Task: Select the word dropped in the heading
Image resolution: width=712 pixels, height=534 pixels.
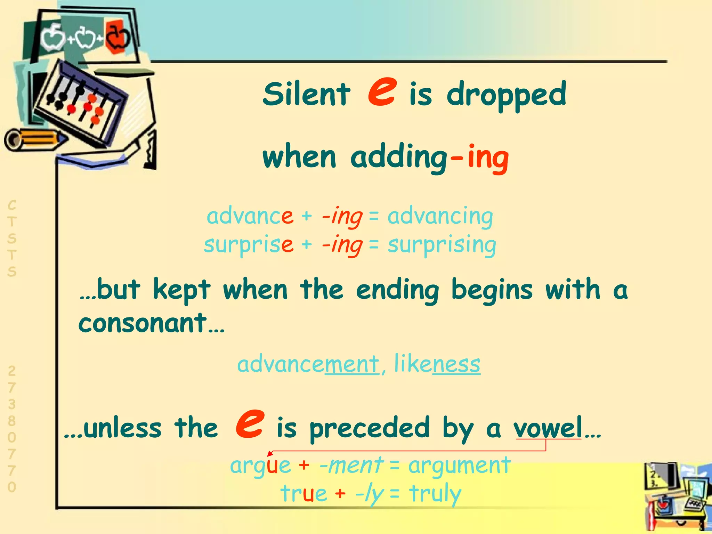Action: click(507, 95)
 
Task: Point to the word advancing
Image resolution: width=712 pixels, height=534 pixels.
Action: click(440, 217)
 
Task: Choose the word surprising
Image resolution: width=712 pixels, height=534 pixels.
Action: click(442, 245)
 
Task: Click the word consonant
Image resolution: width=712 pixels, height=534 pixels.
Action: click(143, 323)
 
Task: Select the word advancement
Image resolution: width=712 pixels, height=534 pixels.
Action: click(308, 364)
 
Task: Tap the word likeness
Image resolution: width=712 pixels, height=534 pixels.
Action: click(437, 364)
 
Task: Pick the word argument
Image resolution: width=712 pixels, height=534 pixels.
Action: click(459, 465)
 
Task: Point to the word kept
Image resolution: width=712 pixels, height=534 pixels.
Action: click(181, 290)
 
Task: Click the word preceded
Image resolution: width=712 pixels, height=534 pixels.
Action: click(370, 428)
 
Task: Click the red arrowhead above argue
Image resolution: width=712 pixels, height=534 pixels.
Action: click(269, 453)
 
